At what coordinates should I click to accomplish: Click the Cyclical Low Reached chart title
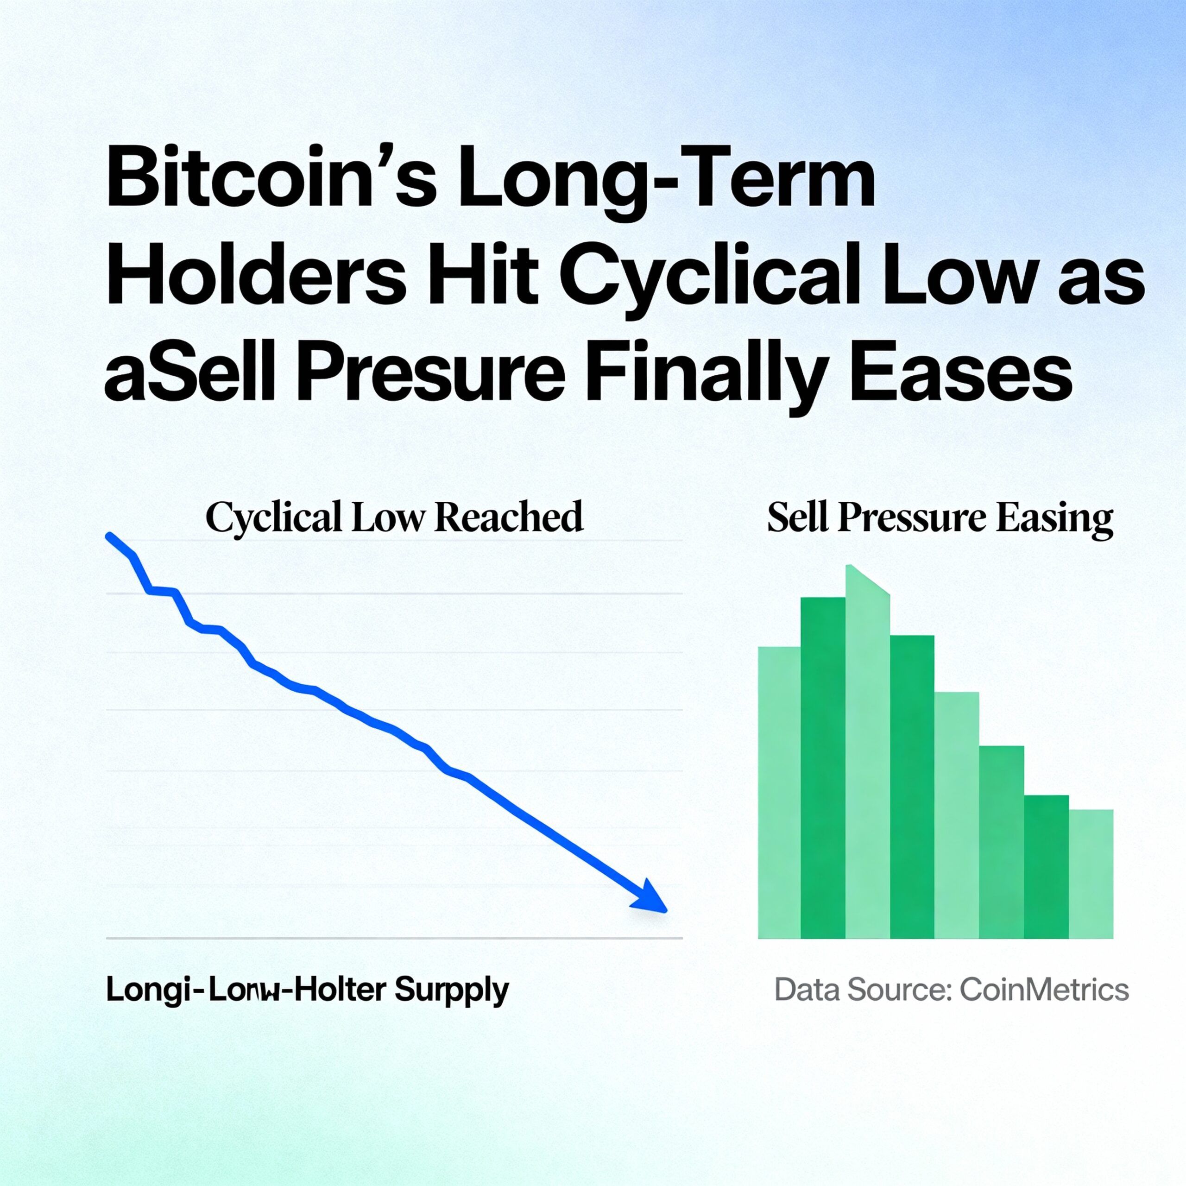coord(394,517)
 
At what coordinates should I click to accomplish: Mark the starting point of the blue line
coord(109,536)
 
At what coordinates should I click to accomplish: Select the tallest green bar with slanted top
coord(867,755)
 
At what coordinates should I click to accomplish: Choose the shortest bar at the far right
coord(1091,874)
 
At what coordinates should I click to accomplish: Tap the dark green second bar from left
coord(823,767)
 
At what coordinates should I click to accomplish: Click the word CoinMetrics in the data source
coord(1044,990)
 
